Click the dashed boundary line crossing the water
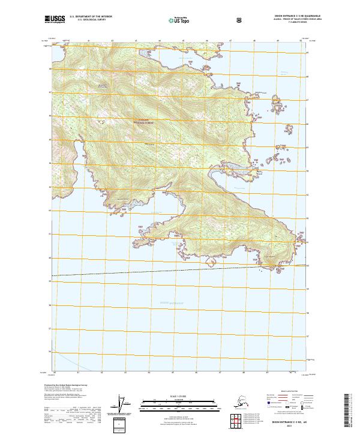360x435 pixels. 180,271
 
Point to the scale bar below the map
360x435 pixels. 181,401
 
